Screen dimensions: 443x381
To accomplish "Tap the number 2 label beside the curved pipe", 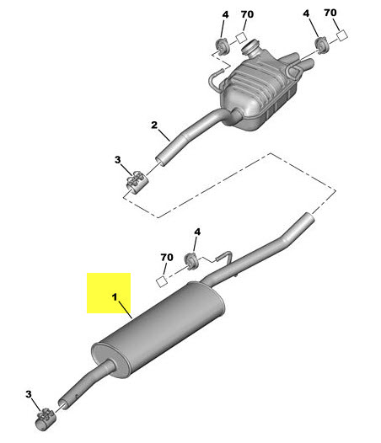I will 154,126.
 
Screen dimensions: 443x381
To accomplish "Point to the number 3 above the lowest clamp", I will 30,395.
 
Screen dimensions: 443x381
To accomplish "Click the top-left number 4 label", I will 224,15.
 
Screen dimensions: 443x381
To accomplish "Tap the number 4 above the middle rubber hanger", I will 196,232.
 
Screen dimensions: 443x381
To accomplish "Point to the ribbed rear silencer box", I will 261,93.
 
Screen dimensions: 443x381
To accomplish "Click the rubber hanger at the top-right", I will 322,43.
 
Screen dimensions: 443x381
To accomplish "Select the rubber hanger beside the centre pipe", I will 191,259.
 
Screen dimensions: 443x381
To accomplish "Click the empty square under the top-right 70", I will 342,35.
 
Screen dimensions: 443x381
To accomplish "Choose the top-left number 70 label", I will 246,14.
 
